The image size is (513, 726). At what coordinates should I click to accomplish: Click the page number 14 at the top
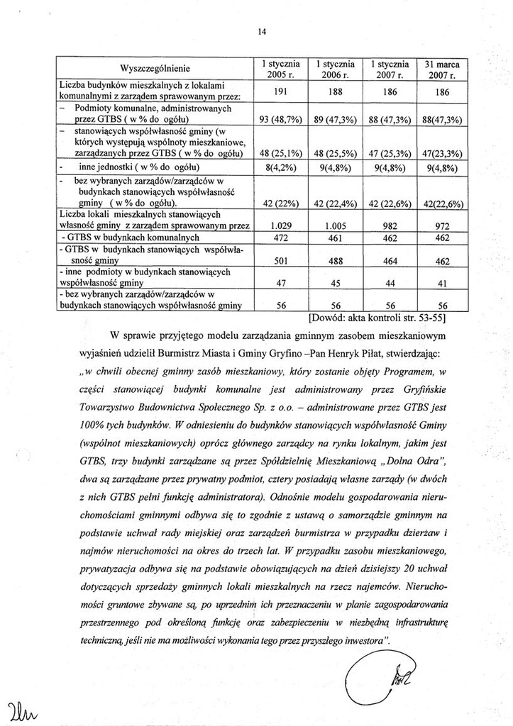click(x=262, y=30)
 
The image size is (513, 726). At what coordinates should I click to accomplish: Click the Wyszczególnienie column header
click(x=155, y=69)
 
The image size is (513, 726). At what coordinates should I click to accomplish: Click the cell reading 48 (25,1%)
click(x=279, y=152)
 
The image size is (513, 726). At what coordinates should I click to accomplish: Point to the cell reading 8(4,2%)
click(x=279, y=169)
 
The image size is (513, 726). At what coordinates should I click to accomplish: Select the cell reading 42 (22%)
click(x=279, y=204)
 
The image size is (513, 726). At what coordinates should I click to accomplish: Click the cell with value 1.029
click(x=279, y=225)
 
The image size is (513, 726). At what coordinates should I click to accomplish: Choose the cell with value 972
click(x=442, y=225)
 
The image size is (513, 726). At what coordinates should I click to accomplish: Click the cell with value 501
click(x=279, y=261)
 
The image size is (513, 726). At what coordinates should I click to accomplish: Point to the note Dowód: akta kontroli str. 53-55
click(x=387, y=318)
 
